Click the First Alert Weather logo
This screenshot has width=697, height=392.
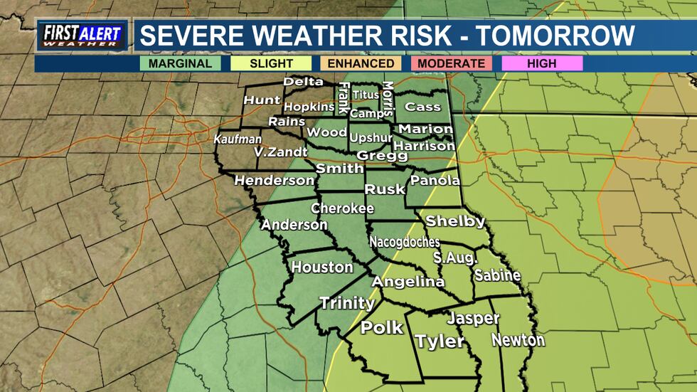[x=82, y=36]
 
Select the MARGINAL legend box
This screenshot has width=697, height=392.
[x=181, y=63]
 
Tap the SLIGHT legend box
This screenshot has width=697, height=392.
[x=271, y=63]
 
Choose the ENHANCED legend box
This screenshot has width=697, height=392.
[x=361, y=63]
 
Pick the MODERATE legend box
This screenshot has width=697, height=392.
[x=452, y=63]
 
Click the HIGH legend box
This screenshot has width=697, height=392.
[x=542, y=63]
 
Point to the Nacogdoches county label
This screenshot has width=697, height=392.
[x=404, y=242]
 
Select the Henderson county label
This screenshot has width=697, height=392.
[x=274, y=181]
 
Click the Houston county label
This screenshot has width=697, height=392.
[x=322, y=267]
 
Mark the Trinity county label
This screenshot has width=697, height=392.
[x=346, y=303]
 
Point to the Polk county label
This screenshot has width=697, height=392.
[x=382, y=328]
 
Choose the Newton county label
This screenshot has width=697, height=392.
[x=518, y=340]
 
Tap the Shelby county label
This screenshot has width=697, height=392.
[x=455, y=221]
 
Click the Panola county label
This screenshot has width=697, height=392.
[x=435, y=181]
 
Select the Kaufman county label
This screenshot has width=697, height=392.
[x=238, y=139]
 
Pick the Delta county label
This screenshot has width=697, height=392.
[x=304, y=82]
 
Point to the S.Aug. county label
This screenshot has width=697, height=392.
[x=455, y=257]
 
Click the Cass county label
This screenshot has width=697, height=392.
[x=422, y=107]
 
